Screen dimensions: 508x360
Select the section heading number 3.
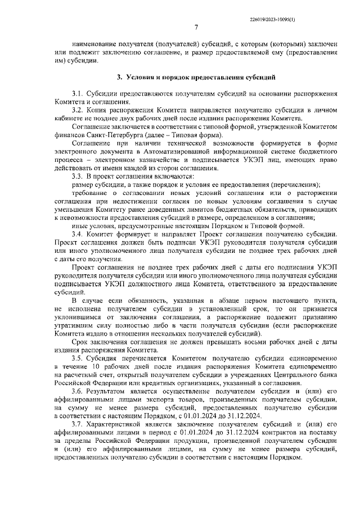point(119,77)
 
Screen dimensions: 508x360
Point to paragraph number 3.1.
point(77,93)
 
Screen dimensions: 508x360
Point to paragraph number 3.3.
point(77,176)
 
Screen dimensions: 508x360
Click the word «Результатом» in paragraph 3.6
point(108,392)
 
